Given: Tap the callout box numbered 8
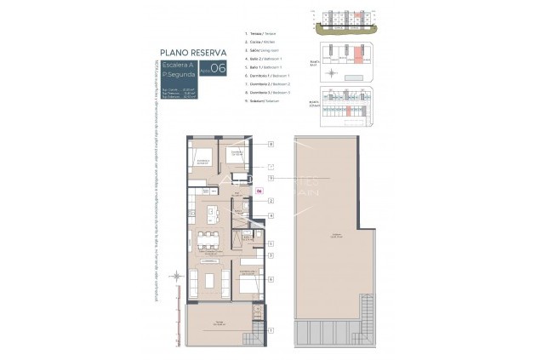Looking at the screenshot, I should click(x=271, y=145).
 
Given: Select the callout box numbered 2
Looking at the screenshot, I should click(x=271, y=201).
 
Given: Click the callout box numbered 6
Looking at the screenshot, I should click(x=271, y=278).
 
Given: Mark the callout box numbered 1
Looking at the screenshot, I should click(x=271, y=329).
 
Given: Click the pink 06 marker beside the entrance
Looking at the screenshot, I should click(x=259, y=191).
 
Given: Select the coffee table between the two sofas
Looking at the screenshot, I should click(x=209, y=280).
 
